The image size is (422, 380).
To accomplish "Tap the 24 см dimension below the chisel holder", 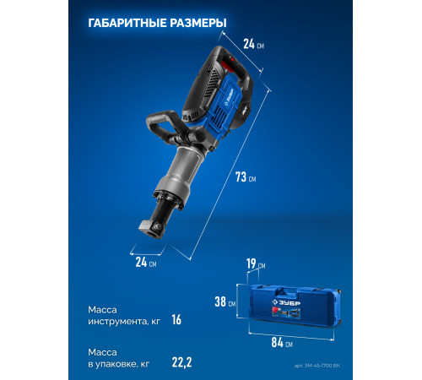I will point(146,262).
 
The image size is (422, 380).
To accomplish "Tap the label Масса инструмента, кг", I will point(123,313).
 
